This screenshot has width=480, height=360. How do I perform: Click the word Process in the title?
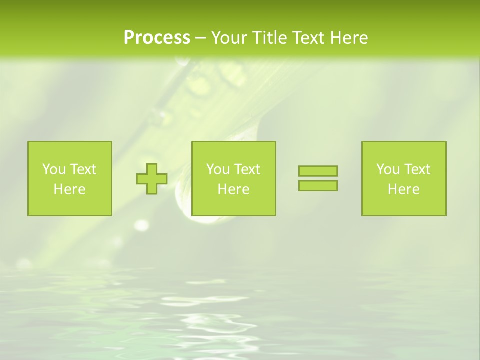click(x=157, y=38)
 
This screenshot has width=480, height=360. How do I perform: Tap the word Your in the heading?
click(x=230, y=38)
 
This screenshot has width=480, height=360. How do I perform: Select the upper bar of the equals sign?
click(x=318, y=171)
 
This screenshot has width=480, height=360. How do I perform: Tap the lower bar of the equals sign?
click(x=318, y=186)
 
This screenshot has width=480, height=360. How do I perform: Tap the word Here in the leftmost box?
click(x=69, y=189)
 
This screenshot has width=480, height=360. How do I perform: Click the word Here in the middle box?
click(x=233, y=189)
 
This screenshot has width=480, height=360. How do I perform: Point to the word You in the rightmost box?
click(x=388, y=169)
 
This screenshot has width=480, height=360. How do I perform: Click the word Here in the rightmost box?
click(x=403, y=189)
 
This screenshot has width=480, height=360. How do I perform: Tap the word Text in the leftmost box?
click(x=83, y=169)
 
